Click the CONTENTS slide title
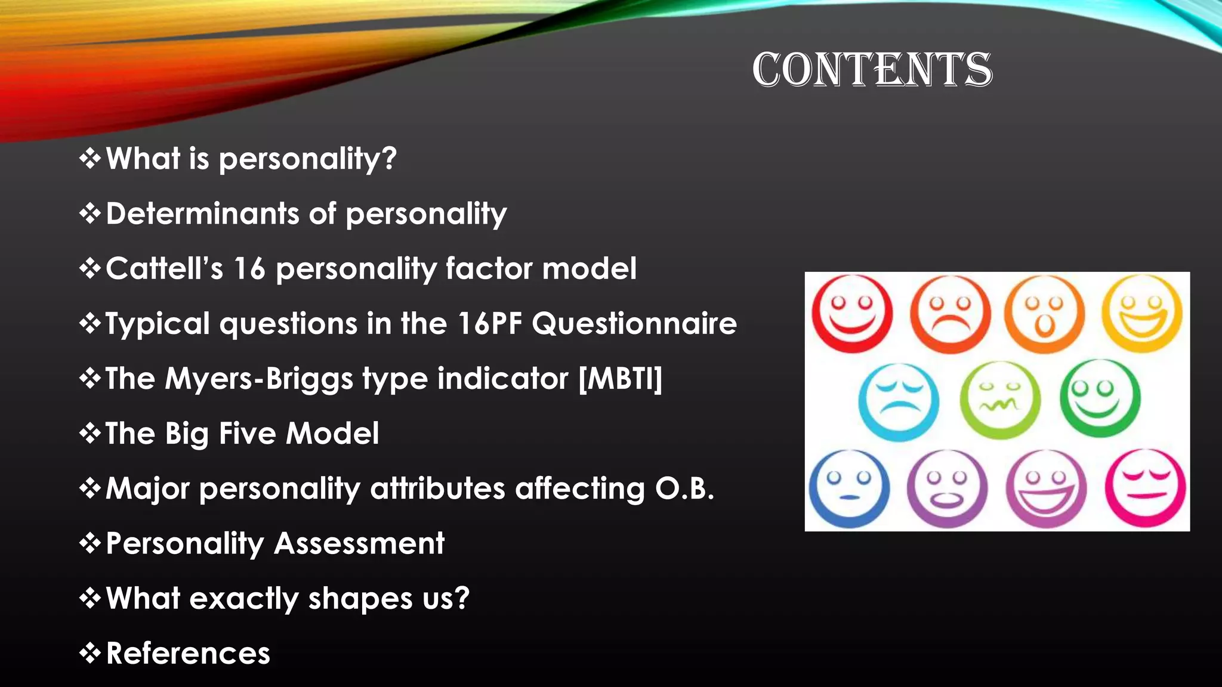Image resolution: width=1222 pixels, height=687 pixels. click(872, 70)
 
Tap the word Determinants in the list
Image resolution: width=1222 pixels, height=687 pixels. click(202, 213)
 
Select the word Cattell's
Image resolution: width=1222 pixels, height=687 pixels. click(164, 268)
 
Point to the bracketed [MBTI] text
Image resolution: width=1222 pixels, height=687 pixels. click(621, 379)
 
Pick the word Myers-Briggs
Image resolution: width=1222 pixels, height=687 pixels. click(258, 379)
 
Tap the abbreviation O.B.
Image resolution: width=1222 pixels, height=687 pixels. click(684, 488)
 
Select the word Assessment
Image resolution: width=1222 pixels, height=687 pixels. click(359, 543)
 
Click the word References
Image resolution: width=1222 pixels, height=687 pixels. click(188, 653)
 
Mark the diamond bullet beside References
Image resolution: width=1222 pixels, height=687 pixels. click(90, 653)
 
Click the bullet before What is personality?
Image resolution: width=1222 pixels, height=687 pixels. click(90, 159)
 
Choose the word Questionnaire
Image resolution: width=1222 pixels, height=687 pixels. click(634, 323)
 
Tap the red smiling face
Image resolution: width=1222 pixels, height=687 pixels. click(852, 313)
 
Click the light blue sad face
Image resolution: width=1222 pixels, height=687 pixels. click(898, 401)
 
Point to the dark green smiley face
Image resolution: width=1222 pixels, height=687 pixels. click(1100, 398)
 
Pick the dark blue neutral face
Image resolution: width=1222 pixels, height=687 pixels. click(849, 488)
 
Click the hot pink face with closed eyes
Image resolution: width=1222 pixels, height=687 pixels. click(1145, 488)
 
